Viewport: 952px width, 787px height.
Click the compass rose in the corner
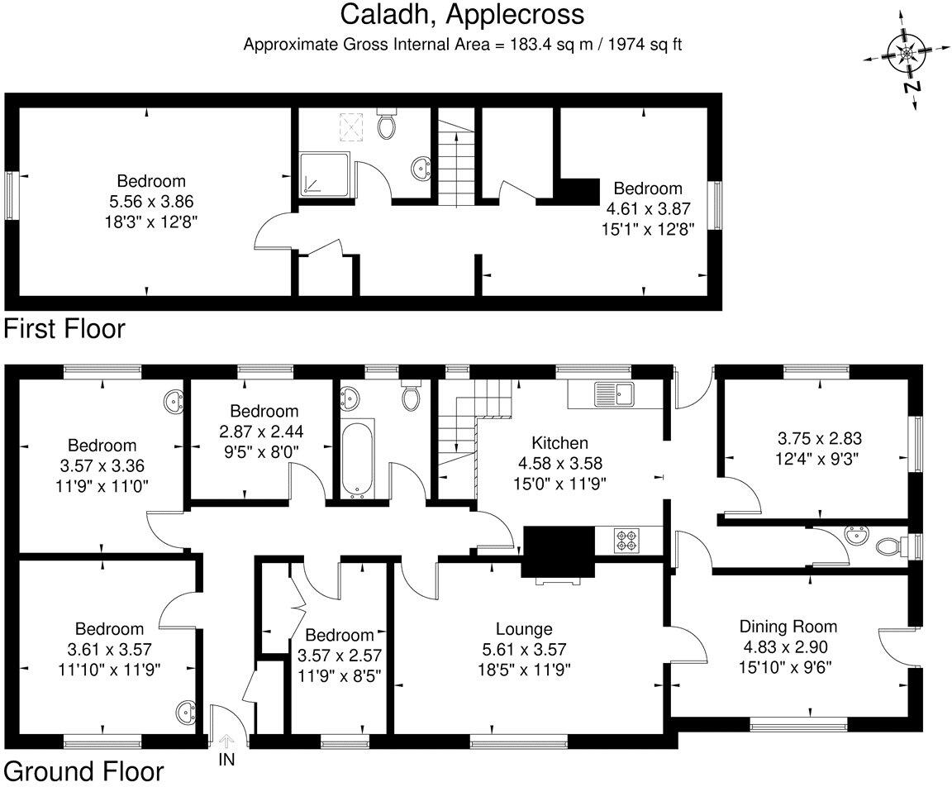click(x=907, y=55)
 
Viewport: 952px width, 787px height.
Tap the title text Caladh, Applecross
click(x=462, y=15)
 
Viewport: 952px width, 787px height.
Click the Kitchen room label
click(x=559, y=443)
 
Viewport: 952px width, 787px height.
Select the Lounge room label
click(x=524, y=630)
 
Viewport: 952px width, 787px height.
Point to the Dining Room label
click(x=788, y=627)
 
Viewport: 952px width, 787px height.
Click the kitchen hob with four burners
click(x=626, y=541)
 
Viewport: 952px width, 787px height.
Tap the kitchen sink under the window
click(x=612, y=393)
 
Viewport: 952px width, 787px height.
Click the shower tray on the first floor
click(x=324, y=174)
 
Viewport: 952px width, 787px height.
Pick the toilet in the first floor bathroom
click(x=385, y=124)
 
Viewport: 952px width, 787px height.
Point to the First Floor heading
click(x=64, y=329)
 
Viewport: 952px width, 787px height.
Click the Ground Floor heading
click(x=83, y=772)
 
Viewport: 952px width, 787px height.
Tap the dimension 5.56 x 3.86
click(x=151, y=201)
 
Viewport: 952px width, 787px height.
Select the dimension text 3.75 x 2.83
click(x=814, y=439)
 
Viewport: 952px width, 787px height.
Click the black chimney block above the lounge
click(x=559, y=551)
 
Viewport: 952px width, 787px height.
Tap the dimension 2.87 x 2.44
click(x=264, y=431)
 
